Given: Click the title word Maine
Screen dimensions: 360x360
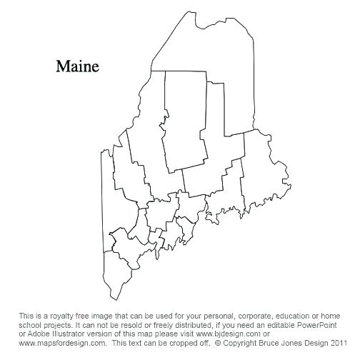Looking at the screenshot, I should tap(78, 66).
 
